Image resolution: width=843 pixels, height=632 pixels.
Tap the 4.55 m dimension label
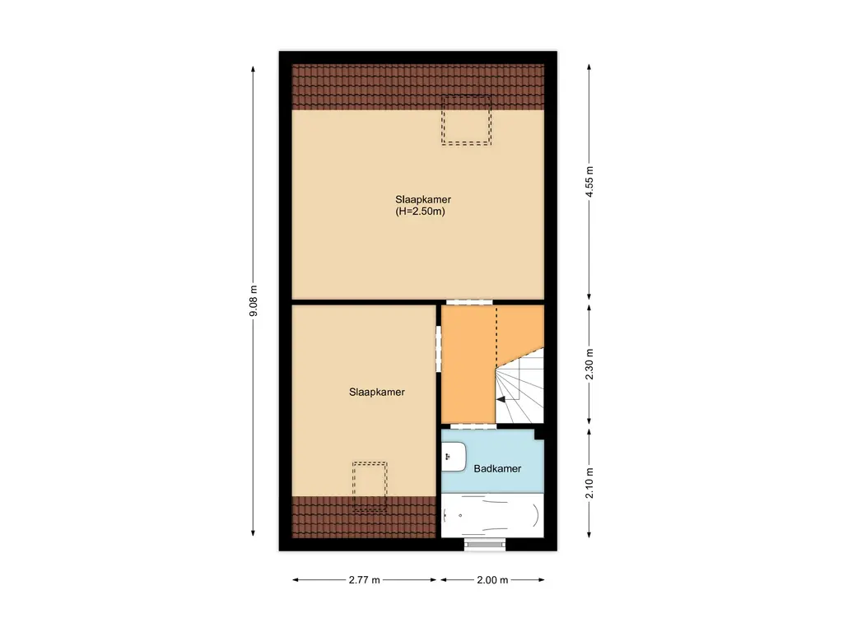coord(589,182)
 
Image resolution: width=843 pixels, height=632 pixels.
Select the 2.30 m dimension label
coord(589,363)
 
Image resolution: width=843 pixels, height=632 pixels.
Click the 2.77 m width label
coord(364,580)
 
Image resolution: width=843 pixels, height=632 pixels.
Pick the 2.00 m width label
coord(492,580)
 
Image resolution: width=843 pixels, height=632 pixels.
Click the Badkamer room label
coord(497,468)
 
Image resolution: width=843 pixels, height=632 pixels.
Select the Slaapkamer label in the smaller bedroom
coord(377,392)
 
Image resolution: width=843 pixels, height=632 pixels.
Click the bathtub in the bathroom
coord(492,516)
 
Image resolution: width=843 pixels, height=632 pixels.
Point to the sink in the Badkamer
coord(454,457)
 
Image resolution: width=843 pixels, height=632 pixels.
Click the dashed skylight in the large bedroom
coord(466,120)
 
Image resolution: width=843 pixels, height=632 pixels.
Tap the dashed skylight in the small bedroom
coord(370,486)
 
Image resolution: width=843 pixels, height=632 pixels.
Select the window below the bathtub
coord(484,543)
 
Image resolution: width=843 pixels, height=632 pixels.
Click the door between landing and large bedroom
coord(468,302)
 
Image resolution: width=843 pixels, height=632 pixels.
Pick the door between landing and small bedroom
coord(438,348)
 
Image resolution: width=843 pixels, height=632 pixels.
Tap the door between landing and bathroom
coord(473,426)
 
